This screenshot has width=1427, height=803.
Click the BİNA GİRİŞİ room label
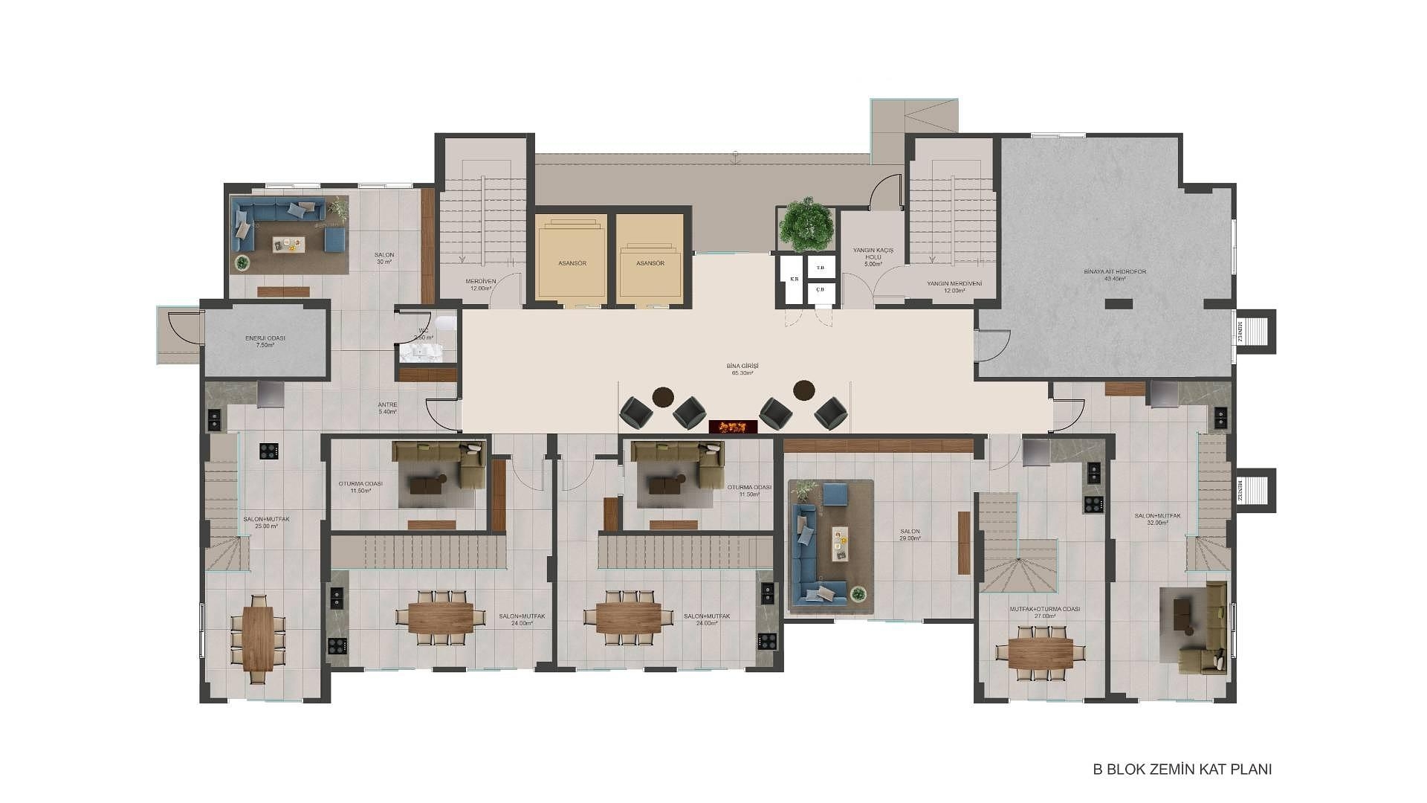pos(742,369)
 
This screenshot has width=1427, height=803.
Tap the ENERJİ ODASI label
pos(265,341)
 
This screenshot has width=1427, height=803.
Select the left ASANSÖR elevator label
pos(572,263)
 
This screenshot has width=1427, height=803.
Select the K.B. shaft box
pos(794,280)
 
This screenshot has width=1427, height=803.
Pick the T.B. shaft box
pos(821,268)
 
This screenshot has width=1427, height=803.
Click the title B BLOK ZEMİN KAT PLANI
pos(1182,770)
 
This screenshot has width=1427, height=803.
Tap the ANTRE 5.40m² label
pos(387,408)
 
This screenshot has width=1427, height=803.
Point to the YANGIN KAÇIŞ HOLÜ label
pos(873,257)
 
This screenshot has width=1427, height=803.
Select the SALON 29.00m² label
pos(910,534)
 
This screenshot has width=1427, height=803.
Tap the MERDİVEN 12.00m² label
pos(480,284)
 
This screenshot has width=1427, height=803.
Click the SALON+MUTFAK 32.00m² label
pos(1157,518)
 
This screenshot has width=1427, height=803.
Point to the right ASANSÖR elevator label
pos(650,263)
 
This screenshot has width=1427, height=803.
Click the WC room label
pos(423,334)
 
